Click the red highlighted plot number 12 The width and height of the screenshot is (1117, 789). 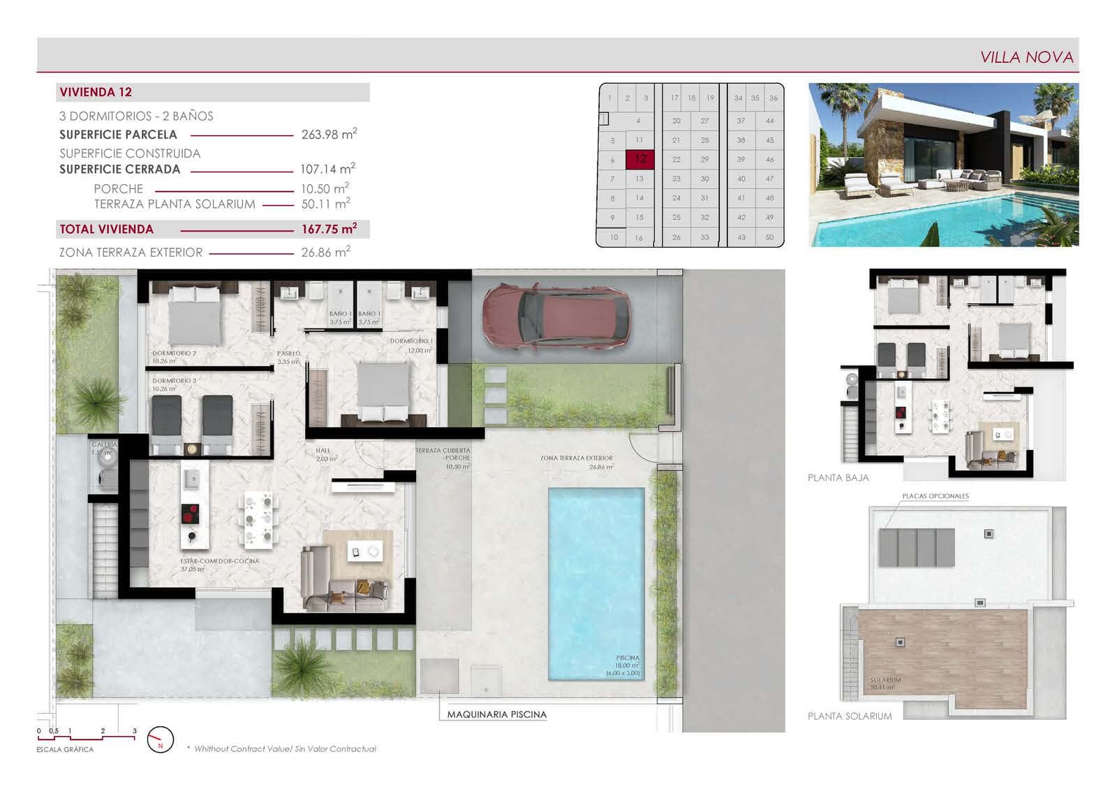(639, 159)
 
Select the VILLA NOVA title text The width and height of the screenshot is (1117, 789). (1026, 57)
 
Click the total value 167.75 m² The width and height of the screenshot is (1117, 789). (329, 229)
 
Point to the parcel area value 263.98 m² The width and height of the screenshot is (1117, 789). (329, 134)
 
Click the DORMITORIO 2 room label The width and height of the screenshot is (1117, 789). (174, 354)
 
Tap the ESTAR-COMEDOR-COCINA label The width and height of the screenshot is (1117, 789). (219, 561)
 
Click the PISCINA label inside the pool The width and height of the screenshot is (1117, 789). (628, 658)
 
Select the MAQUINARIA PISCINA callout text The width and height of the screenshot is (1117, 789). (496, 714)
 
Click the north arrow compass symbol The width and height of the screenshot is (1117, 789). (161, 739)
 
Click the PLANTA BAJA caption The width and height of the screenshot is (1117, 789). (838, 478)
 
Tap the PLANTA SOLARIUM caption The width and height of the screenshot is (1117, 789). (850, 716)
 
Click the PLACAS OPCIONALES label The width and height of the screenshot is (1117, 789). (935, 496)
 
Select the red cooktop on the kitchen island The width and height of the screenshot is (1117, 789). (190, 513)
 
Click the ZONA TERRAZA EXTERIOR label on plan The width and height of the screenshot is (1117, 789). (576, 458)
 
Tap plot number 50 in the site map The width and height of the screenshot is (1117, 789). (769, 237)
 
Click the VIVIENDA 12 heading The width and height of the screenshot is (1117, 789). (96, 92)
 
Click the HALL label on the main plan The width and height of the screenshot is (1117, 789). (323, 451)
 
